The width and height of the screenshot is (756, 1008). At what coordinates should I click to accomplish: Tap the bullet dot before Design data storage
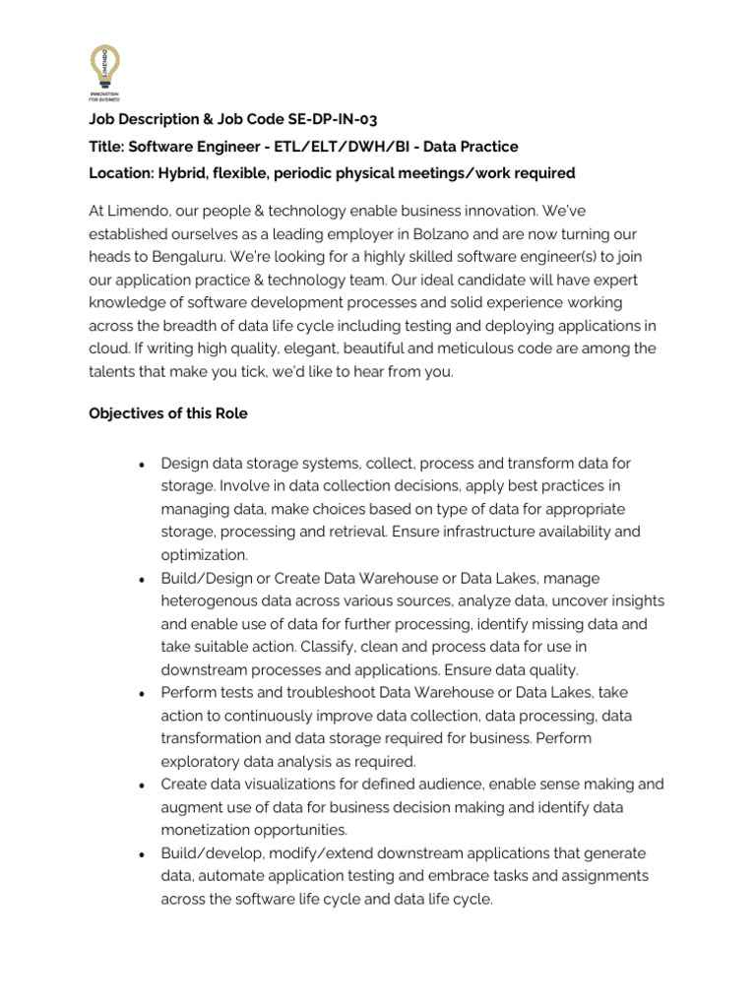(144, 464)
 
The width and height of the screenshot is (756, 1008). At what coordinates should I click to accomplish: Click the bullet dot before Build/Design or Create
(144, 579)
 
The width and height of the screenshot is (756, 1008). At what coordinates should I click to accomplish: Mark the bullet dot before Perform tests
(144, 693)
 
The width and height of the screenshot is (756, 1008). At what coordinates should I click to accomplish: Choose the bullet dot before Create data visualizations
(144, 785)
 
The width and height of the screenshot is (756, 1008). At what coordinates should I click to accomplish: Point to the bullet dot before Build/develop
(144, 853)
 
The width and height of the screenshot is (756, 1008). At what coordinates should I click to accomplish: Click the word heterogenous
(212, 600)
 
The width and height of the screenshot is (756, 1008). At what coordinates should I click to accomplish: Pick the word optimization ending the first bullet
(204, 554)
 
